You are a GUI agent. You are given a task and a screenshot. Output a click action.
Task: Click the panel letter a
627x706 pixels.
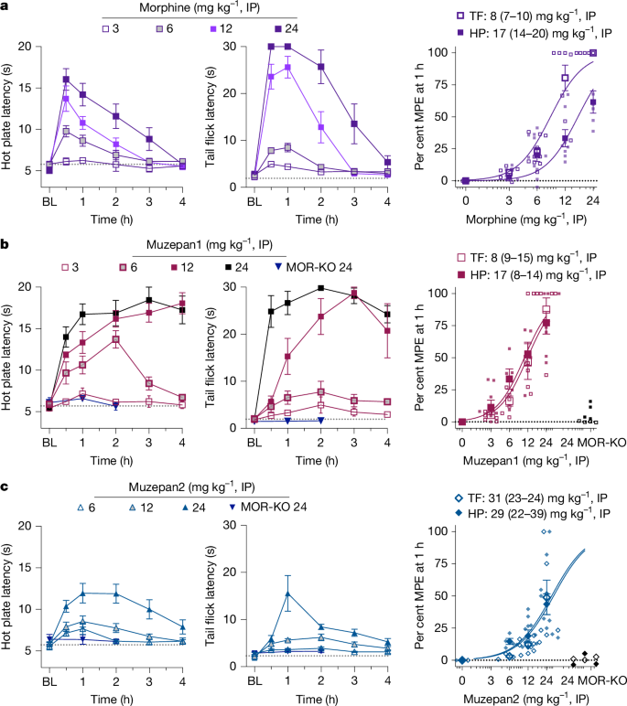(x=6, y=8)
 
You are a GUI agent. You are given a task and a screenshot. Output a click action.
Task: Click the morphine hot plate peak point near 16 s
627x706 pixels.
(x=66, y=79)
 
